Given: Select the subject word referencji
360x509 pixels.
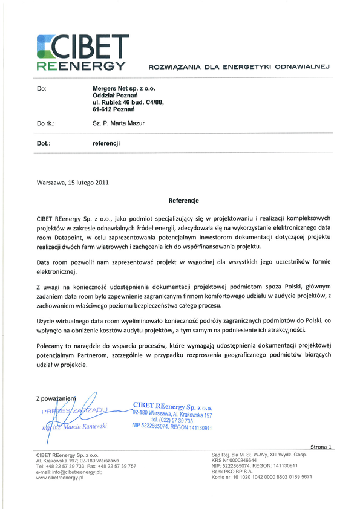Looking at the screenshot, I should pos(106,144).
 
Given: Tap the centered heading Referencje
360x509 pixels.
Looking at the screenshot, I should pos(183,200).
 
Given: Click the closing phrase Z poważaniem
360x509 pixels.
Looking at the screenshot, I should pos(55,398).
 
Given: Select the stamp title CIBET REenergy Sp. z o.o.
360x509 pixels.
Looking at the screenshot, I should pos(172,407).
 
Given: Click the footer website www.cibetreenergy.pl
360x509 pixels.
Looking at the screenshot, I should pos(60,478).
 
